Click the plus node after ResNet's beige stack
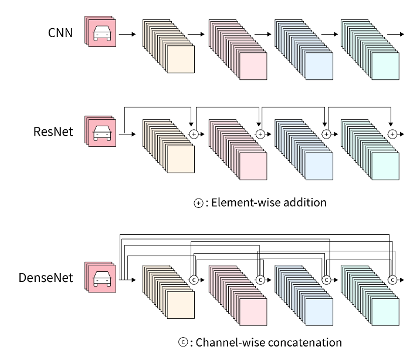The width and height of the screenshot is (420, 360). coord(194,134)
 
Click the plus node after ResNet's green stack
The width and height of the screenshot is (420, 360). coord(392,134)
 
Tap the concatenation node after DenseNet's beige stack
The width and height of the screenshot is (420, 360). coord(194,280)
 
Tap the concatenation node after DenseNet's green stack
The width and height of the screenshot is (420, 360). coord(392,280)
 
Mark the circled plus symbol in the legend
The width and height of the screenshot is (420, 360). coord(197,203)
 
